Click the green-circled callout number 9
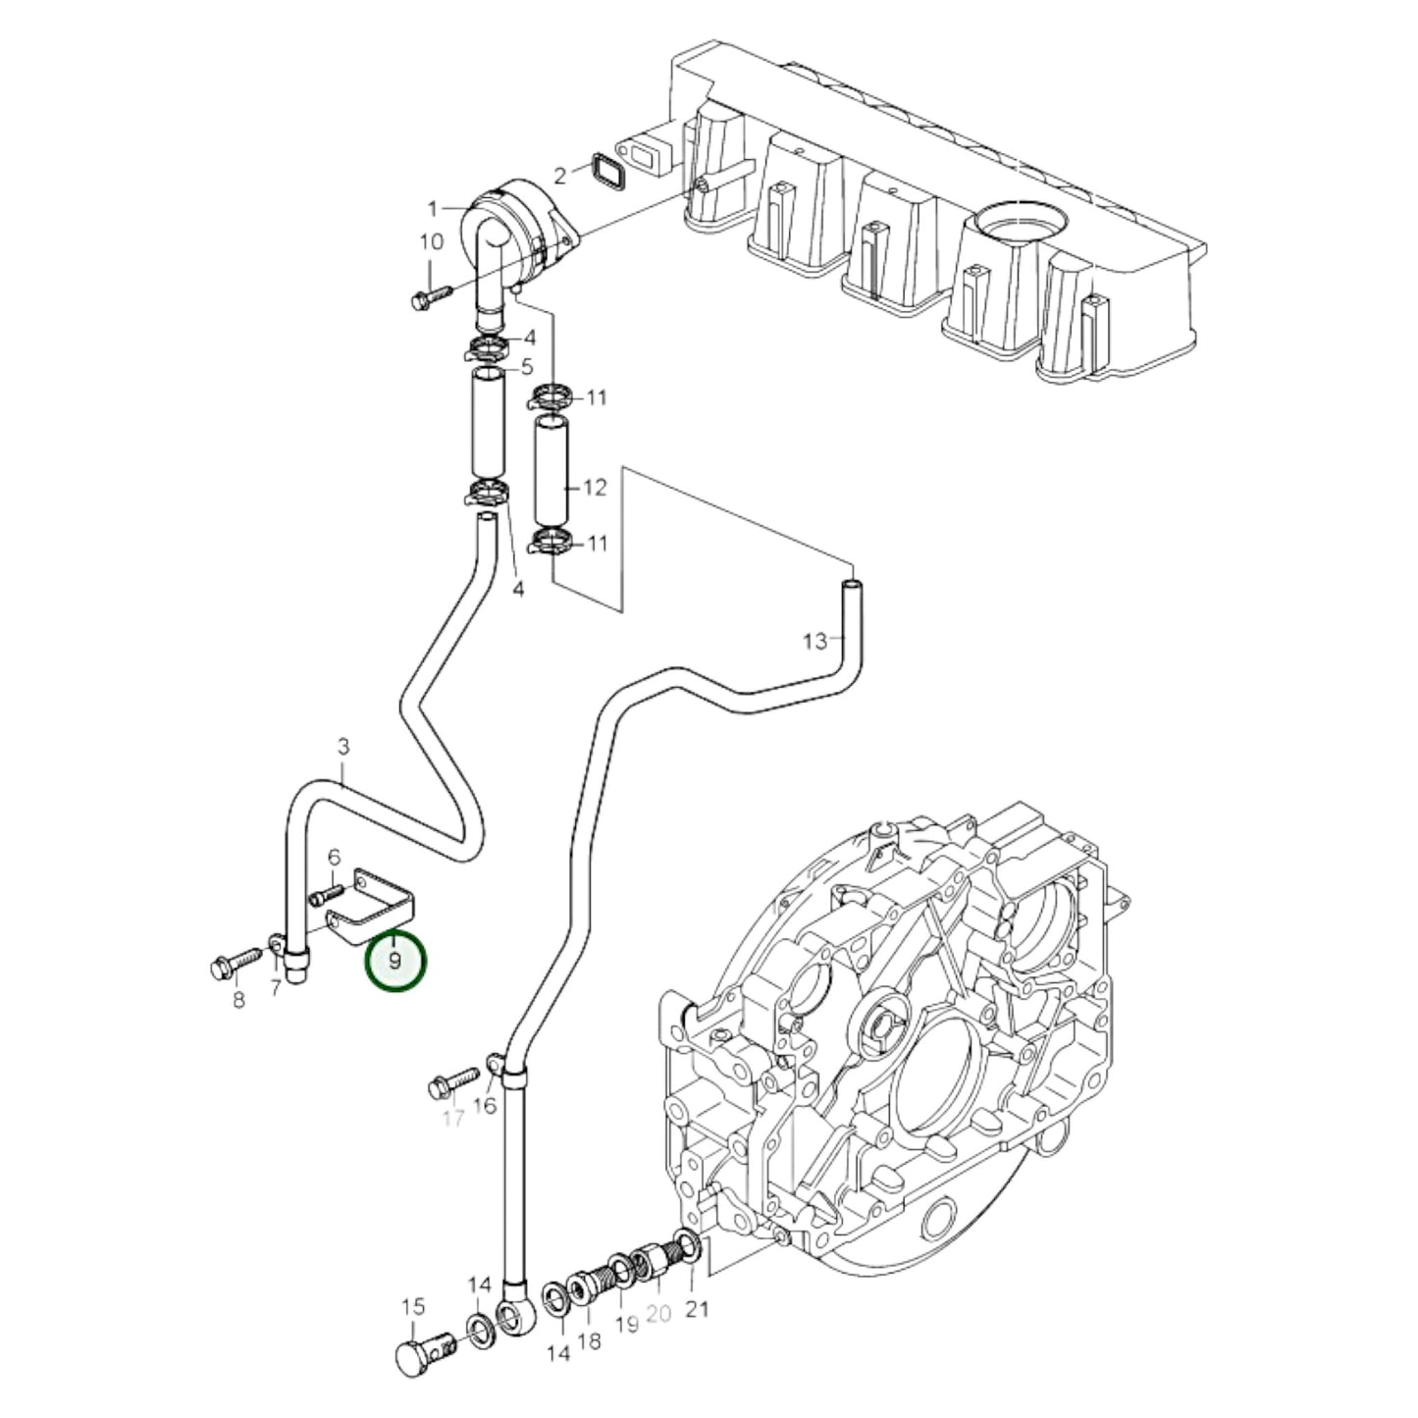395,961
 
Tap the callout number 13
815,642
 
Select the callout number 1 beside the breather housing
432,208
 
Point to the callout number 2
560,176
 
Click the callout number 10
432,242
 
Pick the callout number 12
595,488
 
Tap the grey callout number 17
452,1118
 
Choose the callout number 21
697,1308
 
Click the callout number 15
413,1307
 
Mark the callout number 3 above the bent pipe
342,747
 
